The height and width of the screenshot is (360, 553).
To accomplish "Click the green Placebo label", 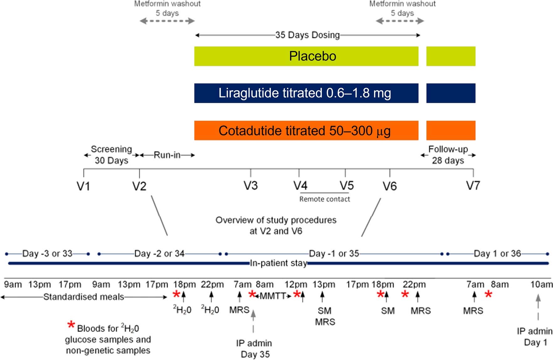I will pyautogui.click(x=312, y=56).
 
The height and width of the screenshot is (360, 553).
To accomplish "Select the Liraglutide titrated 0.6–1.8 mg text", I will pyautogui.click(x=305, y=93).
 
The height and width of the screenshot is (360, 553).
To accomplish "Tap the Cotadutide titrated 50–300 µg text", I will pyautogui.click(x=305, y=131).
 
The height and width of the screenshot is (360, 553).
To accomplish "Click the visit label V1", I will pyautogui.click(x=83, y=186).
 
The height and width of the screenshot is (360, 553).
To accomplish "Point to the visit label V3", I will pyautogui.click(x=251, y=185).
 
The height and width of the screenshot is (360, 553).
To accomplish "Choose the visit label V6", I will pyautogui.click(x=390, y=186).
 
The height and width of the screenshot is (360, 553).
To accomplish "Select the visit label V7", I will pyautogui.click(x=473, y=185).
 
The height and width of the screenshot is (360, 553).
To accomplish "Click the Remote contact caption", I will pyautogui.click(x=325, y=199).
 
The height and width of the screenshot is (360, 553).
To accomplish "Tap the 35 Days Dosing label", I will pyautogui.click(x=307, y=35).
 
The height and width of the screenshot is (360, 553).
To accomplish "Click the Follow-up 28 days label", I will pyautogui.click(x=448, y=155).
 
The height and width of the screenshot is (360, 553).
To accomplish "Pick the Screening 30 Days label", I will pyautogui.click(x=111, y=155).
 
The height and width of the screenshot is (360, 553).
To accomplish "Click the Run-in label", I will pyautogui.click(x=167, y=155).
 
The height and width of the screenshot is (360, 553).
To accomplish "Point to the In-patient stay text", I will pyautogui.click(x=278, y=263).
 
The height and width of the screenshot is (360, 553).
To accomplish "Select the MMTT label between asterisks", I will pyautogui.click(x=273, y=296).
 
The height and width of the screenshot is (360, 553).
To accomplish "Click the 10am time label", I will pyautogui.click(x=541, y=284).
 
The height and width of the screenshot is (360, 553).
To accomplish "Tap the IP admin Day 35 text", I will pyautogui.click(x=254, y=349).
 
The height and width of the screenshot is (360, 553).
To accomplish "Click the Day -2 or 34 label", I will pyautogui.click(x=159, y=253).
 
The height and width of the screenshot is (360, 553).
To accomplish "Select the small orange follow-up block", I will pyautogui.click(x=451, y=130).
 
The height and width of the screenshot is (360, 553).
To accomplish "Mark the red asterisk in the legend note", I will pyautogui.click(x=71, y=325).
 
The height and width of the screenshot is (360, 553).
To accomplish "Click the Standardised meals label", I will pyautogui.click(x=84, y=297).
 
